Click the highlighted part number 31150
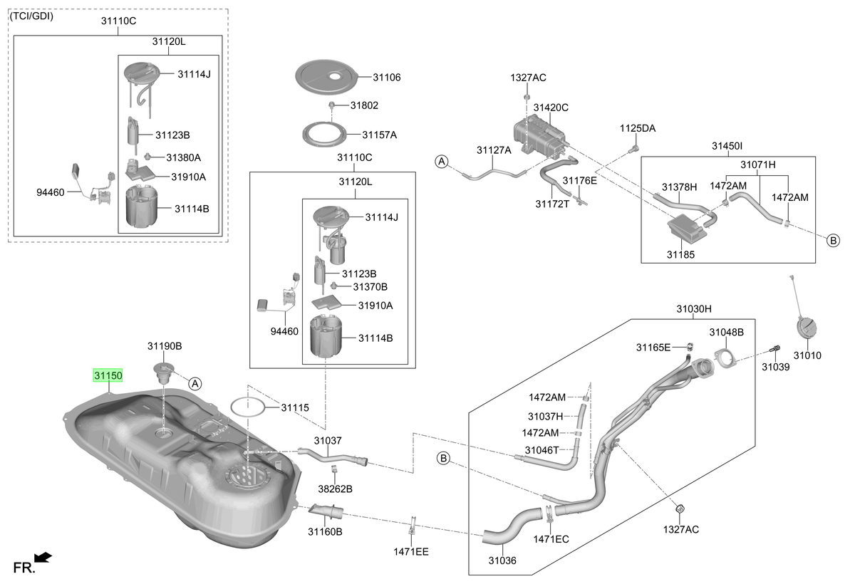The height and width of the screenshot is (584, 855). [108, 376]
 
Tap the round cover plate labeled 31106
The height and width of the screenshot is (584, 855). [327, 77]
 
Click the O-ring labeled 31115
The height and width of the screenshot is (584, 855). [248, 407]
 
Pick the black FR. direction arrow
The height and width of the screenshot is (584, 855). [43, 558]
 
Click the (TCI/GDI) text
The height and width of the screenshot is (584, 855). [31, 16]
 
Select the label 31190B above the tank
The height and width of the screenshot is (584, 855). [165, 346]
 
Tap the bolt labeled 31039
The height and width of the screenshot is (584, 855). [775, 349]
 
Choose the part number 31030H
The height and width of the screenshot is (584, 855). [694, 308]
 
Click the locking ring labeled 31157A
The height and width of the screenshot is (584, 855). [324, 135]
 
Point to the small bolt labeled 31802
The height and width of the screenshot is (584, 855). [332, 104]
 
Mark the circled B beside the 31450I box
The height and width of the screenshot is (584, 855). [833, 241]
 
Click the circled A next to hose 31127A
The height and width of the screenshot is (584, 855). [442, 162]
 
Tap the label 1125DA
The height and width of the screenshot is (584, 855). [638, 128]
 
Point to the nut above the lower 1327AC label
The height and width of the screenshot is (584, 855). [680, 509]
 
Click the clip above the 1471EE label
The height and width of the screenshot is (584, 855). [413, 526]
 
